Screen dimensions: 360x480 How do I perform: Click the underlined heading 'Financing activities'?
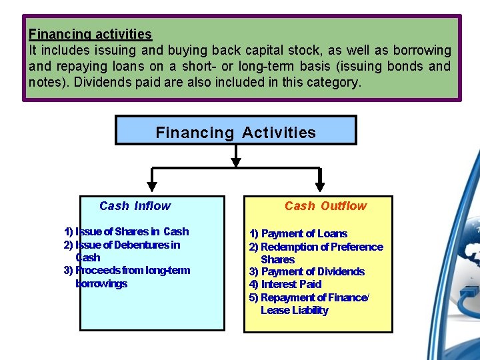coord(90,34)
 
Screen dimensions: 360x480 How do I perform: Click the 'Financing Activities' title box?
coord(235,132)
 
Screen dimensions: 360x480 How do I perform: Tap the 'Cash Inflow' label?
coord(135,207)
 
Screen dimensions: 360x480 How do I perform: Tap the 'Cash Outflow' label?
coord(325,207)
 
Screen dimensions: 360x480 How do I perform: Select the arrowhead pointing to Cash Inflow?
coord(153,186)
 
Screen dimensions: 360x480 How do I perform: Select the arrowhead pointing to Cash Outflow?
coord(320,186)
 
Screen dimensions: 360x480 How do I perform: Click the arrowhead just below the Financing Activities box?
coord(236,160)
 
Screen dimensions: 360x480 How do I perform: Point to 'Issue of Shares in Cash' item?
coord(126,232)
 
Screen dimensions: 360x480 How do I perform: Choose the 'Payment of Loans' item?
coord(298,234)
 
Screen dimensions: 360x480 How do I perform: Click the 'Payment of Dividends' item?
coord(307,272)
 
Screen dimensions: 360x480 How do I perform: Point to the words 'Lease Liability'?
coord(295,311)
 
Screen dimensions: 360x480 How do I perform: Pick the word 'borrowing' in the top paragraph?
coord(423,51)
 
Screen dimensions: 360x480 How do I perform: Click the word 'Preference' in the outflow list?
coord(358,247)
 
